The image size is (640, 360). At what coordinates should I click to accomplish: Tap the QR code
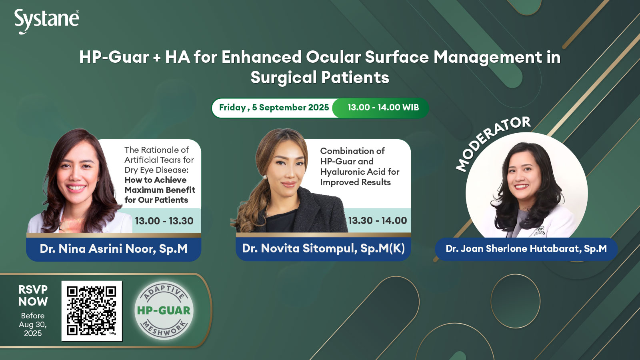92,311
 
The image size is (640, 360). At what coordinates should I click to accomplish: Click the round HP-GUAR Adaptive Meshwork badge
164,310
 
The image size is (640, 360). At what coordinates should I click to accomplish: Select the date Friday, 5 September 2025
274,108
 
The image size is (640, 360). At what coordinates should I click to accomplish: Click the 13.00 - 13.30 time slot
164,221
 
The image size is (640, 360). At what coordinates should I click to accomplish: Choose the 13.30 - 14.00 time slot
378,220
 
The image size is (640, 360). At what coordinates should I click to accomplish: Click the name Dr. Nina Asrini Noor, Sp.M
114,249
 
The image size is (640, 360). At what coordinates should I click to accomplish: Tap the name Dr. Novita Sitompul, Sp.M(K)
324,248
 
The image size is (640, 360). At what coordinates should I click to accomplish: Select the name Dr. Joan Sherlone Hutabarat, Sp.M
526,248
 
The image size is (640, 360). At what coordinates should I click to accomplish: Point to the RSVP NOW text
33,296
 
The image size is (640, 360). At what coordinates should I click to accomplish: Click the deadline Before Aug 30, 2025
33,324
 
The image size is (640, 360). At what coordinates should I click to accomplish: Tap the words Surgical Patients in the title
320,78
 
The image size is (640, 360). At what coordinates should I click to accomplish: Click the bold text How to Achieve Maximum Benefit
160,185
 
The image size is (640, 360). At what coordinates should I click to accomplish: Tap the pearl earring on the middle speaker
264,178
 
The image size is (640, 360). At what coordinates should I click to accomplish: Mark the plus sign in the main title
157,58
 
